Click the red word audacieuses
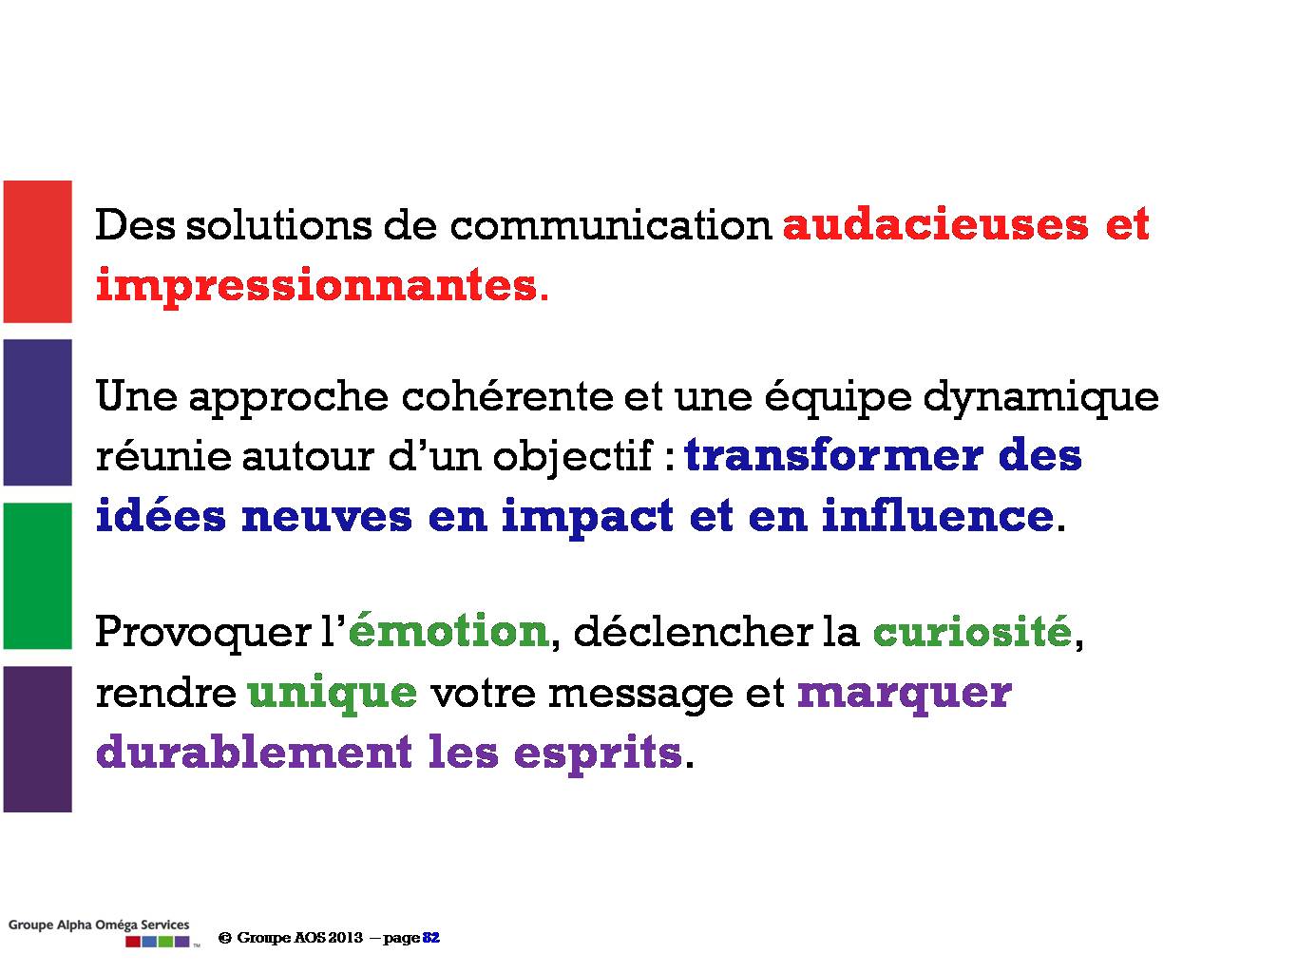pos(935,224)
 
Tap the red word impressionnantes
pos(316,285)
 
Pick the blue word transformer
pos(833,455)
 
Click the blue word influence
pos(938,515)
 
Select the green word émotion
pos(448,630)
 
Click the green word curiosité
pos(973,630)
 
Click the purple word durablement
pos(254,752)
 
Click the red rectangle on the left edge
pos(38,252)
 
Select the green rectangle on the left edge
pos(38,576)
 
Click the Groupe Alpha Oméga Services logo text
pos(99,925)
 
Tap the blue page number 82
pos(431,938)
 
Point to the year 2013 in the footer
pos(346,938)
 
